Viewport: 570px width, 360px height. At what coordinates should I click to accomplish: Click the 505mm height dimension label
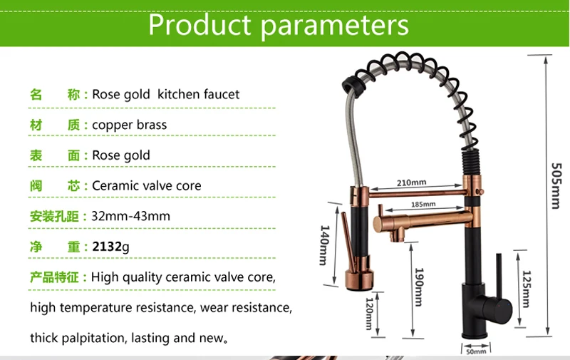point(556,186)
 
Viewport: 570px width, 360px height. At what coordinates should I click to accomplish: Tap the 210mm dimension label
point(411,182)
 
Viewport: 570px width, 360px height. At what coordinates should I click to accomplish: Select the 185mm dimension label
point(423,205)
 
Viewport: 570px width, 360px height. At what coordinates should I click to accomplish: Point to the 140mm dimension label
point(325,245)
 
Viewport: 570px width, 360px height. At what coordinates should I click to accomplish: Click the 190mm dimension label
point(420,287)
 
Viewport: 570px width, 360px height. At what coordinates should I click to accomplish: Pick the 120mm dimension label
point(369,314)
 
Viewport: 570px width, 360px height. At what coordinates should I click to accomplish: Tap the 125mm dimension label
point(527,289)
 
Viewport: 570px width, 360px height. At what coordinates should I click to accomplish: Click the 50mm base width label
point(476,351)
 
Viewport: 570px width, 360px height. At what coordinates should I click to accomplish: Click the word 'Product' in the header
point(199,25)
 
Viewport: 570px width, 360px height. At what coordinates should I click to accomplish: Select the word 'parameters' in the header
point(335,26)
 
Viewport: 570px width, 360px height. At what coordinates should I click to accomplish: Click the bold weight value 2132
point(106,247)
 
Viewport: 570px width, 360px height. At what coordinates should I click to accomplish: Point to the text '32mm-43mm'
point(130,216)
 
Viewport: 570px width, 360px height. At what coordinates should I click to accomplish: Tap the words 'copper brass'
point(130,125)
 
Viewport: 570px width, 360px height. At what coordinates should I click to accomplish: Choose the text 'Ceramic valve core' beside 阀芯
point(147,186)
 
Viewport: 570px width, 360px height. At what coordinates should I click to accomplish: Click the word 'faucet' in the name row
point(222,94)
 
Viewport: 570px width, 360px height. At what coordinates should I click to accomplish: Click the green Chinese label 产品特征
point(54,277)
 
